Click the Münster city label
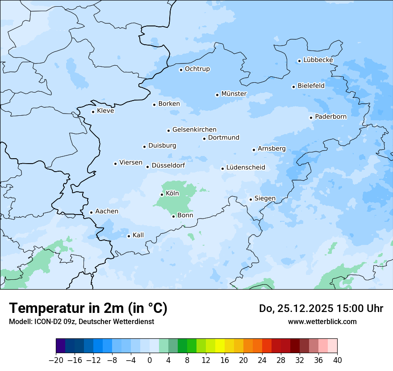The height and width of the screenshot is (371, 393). click(x=234, y=94)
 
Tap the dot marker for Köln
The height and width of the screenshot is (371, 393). click(x=162, y=194)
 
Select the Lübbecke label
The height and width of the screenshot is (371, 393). click(x=318, y=60)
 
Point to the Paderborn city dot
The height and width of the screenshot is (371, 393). click(x=311, y=118)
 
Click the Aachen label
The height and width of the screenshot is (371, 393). click(x=107, y=211)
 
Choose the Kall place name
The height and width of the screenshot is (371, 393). click(x=138, y=235)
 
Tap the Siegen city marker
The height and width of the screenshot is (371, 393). click(x=251, y=199)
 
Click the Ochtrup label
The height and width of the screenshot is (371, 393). click(x=197, y=69)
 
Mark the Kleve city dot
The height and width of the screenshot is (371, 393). click(x=93, y=112)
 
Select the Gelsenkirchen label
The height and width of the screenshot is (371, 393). click(x=194, y=130)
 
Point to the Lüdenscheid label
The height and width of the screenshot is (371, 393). click(x=246, y=168)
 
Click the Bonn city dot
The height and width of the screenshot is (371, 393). click(x=174, y=216)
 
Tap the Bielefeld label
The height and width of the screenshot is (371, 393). click(x=311, y=85)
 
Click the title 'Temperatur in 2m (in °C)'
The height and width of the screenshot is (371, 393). click(x=88, y=308)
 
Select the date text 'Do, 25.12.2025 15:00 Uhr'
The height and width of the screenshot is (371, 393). click(x=321, y=308)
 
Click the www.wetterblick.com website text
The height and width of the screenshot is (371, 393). click(x=322, y=321)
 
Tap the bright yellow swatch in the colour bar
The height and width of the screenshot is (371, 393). click(x=220, y=346)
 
